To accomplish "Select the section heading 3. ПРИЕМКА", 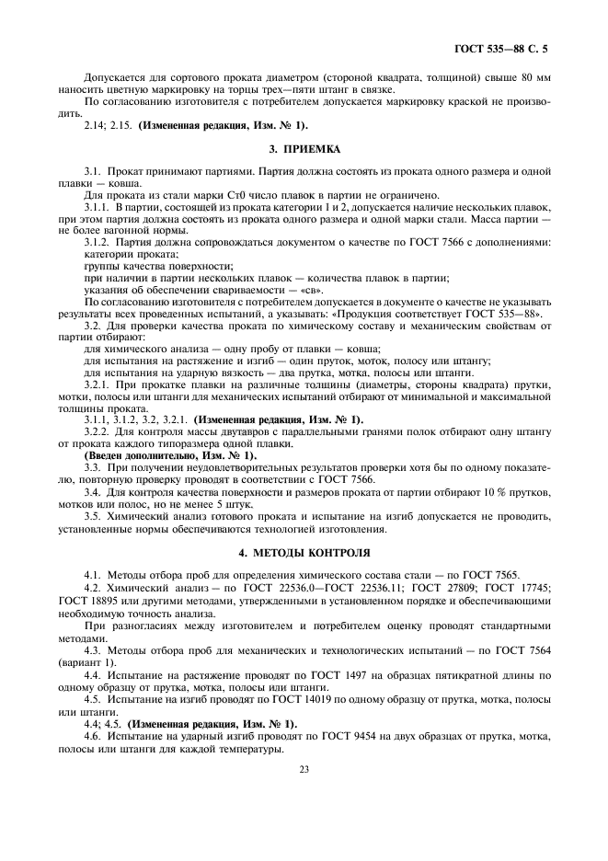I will (x=304, y=147).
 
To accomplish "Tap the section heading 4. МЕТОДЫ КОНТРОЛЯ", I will (x=304, y=553).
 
